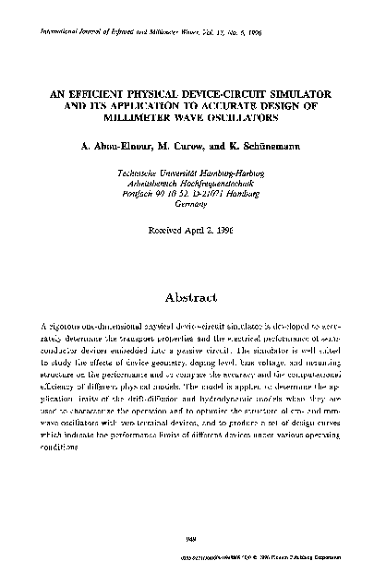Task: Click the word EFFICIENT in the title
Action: (x=107, y=95)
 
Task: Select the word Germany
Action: (x=192, y=208)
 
